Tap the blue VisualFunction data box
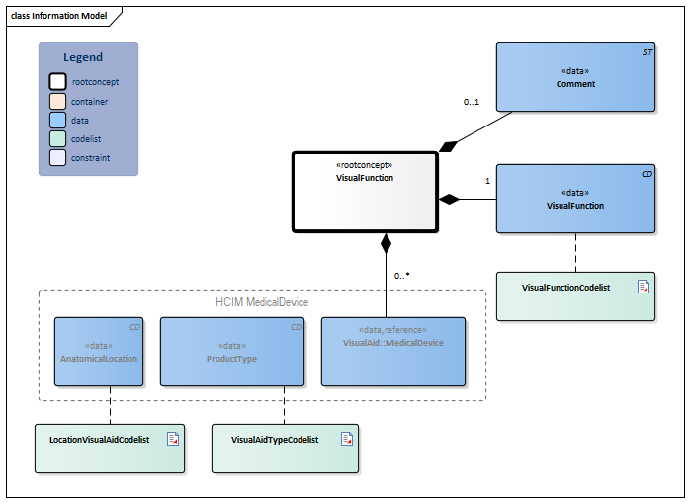click(x=575, y=199)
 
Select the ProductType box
click(x=231, y=351)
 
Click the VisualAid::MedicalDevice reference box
click(x=392, y=351)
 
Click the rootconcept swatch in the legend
click(x=58, y=82)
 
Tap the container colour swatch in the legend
click(x=58, y=101)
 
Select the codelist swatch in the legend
click(x=58, y=138)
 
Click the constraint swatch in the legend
click(x=58, y=157)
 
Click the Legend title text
click(x=83, y=57)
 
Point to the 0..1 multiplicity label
click(x=473, y=102)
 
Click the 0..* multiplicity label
click(x=401, y=276)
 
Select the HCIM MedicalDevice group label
click(x=262, y=301)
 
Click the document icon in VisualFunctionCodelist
click(x=643, y=287)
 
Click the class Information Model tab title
click(x=58, y=16)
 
